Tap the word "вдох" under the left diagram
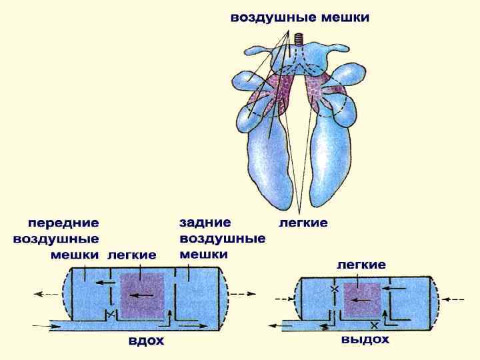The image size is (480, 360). pyautogui.click(x=146, y=341)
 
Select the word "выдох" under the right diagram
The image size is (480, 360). pyautogui.click(x=365, y=339)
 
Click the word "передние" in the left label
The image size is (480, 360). pyautogui.click(x=63, y=222)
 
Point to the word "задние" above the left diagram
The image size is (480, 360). pyautogui.click(x=205, y=222)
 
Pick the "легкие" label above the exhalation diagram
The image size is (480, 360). pyautogui.click(x=361, y=265)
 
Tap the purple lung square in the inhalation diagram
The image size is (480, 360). pyautogui.click(x=141, y=295)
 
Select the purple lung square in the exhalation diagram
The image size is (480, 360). pyautogui.click(x=361, y=300)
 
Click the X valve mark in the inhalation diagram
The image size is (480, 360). pyautogui.click(x=109, y=313)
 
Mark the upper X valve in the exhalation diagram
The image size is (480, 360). pyautogui.click(x=334, y=289)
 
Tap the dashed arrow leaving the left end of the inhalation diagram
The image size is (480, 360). pyautogui.click(x=47, y=293)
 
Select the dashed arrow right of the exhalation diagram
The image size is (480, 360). pyautogui.click(x=456, y=299)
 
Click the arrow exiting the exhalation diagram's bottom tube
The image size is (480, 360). pyautogui.click(x=274, y=326)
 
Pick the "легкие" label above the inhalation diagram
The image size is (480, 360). pyautogui.click(x=132, y=255)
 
